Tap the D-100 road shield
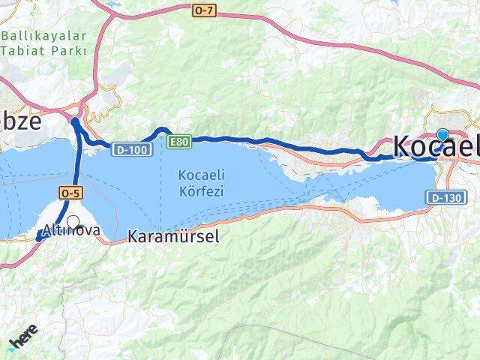(x=133, y=150)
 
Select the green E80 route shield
(x=180, y=141)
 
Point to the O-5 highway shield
(x=70, y=193)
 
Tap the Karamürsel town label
(x=173, y=237)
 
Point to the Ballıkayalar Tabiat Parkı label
(x=44, y=43)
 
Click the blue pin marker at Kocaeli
(x=442, y=134)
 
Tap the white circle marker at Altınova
(x=73, y=221)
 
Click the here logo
(x=22, y=342)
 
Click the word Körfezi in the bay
(x=201, y=191)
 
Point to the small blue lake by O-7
(x=113, y=4)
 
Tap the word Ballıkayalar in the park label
(x=44, y=36)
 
